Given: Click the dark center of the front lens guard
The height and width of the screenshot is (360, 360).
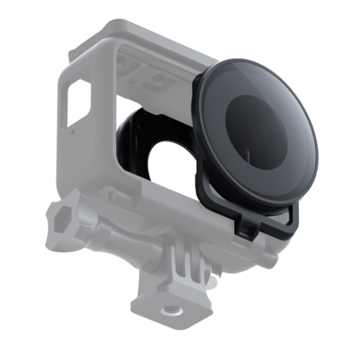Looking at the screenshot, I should tap(254, 129).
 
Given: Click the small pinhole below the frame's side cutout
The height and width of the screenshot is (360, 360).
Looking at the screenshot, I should tap(73, 130).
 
